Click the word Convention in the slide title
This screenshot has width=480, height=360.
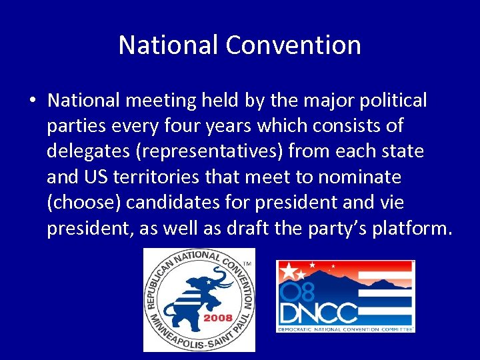(x=293, y=45)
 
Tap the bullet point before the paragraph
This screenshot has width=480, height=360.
(x=32, y=101)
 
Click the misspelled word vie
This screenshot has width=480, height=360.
(x=391, y=202)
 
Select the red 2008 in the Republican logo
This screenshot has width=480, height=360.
(x=217, y=318)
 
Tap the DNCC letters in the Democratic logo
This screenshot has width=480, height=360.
(x=319, y=313)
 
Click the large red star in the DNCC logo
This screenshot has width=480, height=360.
(x=289, y=271)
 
